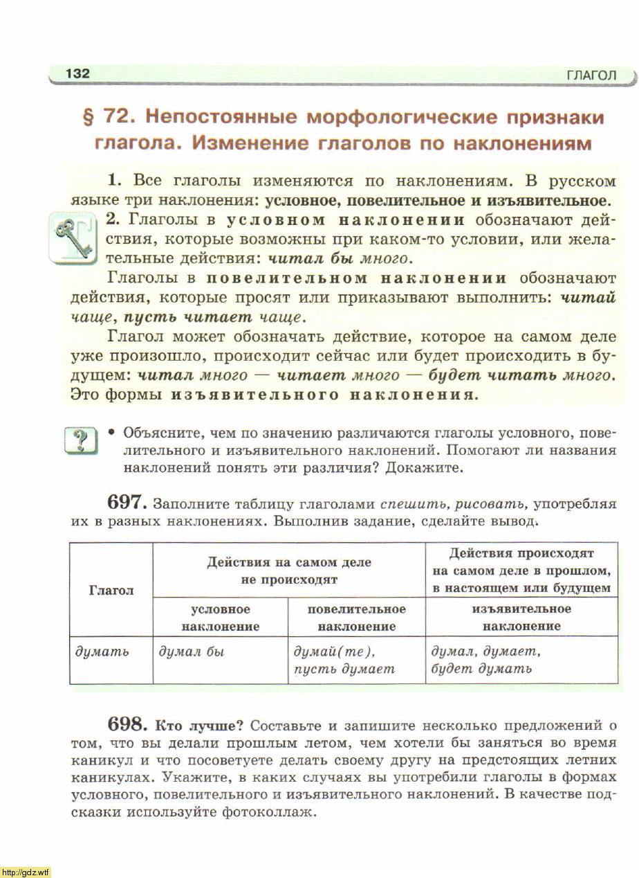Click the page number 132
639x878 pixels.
(77, 73)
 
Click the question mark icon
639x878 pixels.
(81, 440)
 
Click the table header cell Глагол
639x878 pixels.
(111, 590)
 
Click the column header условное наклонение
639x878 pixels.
(221, 618)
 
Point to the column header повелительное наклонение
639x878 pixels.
(356, 618)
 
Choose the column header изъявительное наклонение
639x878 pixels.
(521, 618)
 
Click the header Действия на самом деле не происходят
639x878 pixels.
(289, 571)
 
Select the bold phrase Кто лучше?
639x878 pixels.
(198, 726)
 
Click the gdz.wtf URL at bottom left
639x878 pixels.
(26, 872)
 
